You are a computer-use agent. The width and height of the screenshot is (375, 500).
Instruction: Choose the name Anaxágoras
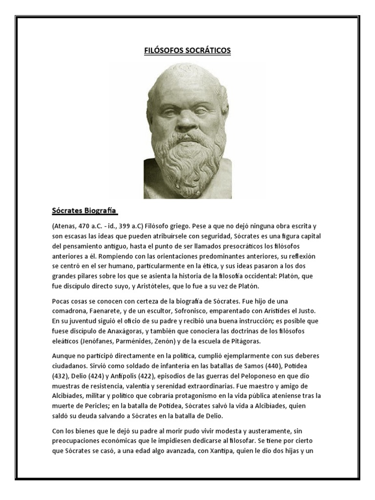pos(123,331)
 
